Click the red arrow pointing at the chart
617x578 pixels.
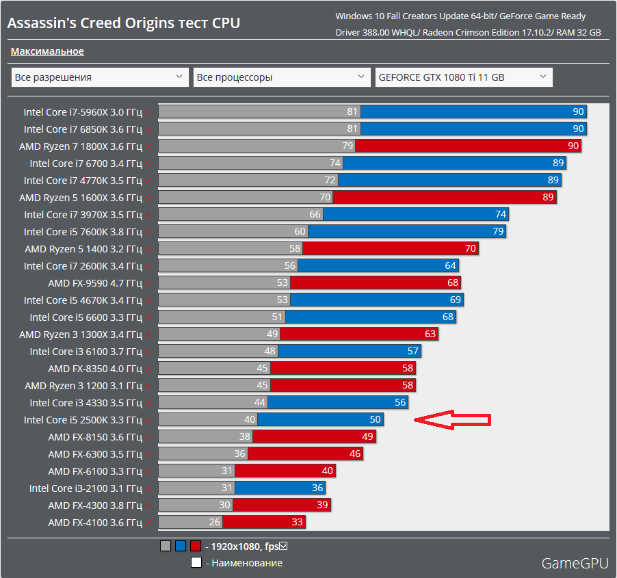point(453,420)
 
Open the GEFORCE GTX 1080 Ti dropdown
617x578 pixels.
point(464,77)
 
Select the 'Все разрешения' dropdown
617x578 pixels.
point(100,77)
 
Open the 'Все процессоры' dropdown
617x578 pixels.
point(282,77)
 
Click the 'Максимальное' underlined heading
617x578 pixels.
point(47,51)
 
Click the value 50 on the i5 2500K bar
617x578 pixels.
point(375,420)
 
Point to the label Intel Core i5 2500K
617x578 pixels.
point(83,420)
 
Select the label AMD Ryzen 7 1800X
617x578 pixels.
point(81,146)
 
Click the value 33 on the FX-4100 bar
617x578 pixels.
point(297,523)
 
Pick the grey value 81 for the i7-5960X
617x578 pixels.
point(352,111)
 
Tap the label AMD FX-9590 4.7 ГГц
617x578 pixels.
point(95,283)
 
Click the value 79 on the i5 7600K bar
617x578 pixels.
point(498,232)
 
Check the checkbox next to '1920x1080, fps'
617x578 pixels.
point(283,546)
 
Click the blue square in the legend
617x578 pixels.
point(181,546)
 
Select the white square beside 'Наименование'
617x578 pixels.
point(196,563)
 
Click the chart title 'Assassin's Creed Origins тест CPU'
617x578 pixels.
point(123,23)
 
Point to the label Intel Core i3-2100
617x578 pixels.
point(86,488)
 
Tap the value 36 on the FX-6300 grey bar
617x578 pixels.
point(239,454)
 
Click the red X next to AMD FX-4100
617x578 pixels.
point(148,523)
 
